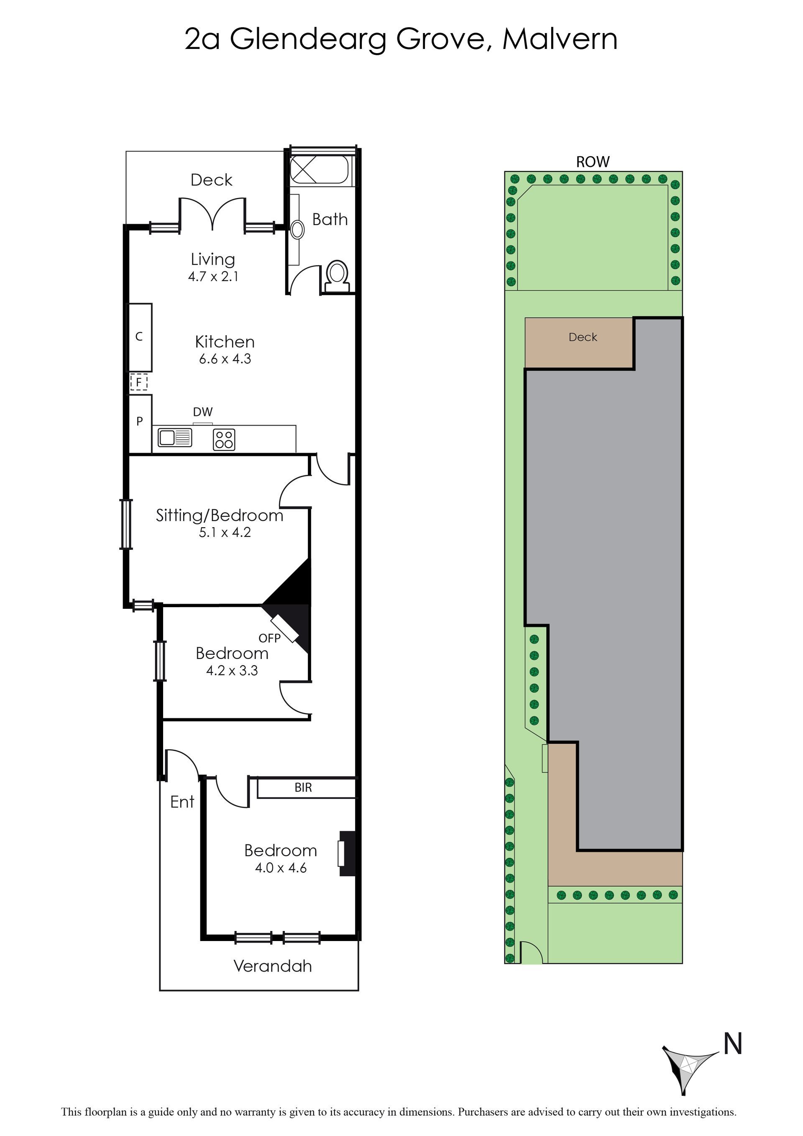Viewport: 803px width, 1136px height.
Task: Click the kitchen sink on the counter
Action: tap(174, 437)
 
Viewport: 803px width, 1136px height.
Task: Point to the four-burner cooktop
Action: tap(224, 439)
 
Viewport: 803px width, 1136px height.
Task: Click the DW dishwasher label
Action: tap(203, 412)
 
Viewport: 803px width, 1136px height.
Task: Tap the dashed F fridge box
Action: tap(139, 382)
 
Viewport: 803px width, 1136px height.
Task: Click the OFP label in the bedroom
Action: tap(269, 638)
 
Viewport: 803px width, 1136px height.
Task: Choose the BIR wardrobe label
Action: tap(303, 787)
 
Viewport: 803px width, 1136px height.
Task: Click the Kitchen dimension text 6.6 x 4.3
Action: tap(225, 359)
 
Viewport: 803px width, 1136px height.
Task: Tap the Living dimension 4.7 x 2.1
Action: tap(213, 277)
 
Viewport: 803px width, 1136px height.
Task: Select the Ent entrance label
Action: tap(182, 802)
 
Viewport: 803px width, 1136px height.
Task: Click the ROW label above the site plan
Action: tap(593, 162)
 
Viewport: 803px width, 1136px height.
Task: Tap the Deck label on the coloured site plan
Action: tap(583, 337)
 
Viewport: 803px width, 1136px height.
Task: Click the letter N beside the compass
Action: tap(733, 1044)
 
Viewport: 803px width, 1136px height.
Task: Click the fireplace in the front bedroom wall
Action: tap(347, 853)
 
